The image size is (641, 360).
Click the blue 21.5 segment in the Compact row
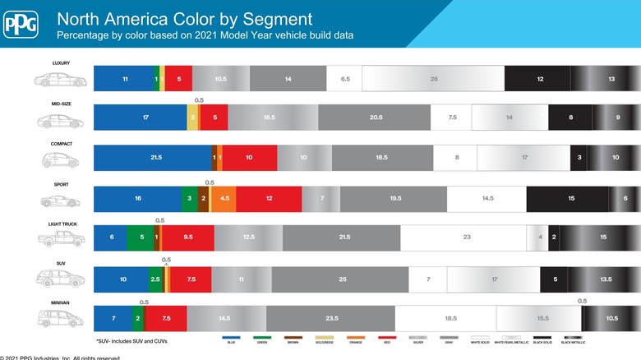point(153,157)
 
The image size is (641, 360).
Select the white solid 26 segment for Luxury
point(433,78)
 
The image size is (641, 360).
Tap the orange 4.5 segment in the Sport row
point(224,198)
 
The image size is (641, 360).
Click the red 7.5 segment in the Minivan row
point(165,318)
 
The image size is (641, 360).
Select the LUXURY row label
point(62,62)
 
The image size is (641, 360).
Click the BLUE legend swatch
point(232,336)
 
